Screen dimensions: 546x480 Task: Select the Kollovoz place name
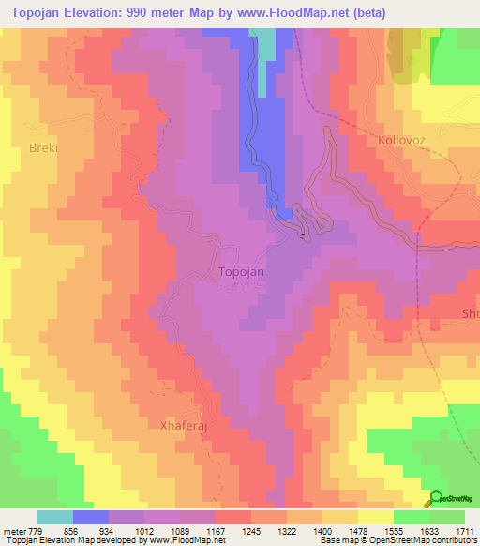pos(402,140)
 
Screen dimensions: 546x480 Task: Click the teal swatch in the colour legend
pos(55,517)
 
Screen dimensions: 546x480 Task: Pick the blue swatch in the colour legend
pos(91,517)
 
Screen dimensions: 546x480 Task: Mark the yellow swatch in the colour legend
pos(375,517)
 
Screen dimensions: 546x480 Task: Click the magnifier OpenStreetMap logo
pos(435,498)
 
